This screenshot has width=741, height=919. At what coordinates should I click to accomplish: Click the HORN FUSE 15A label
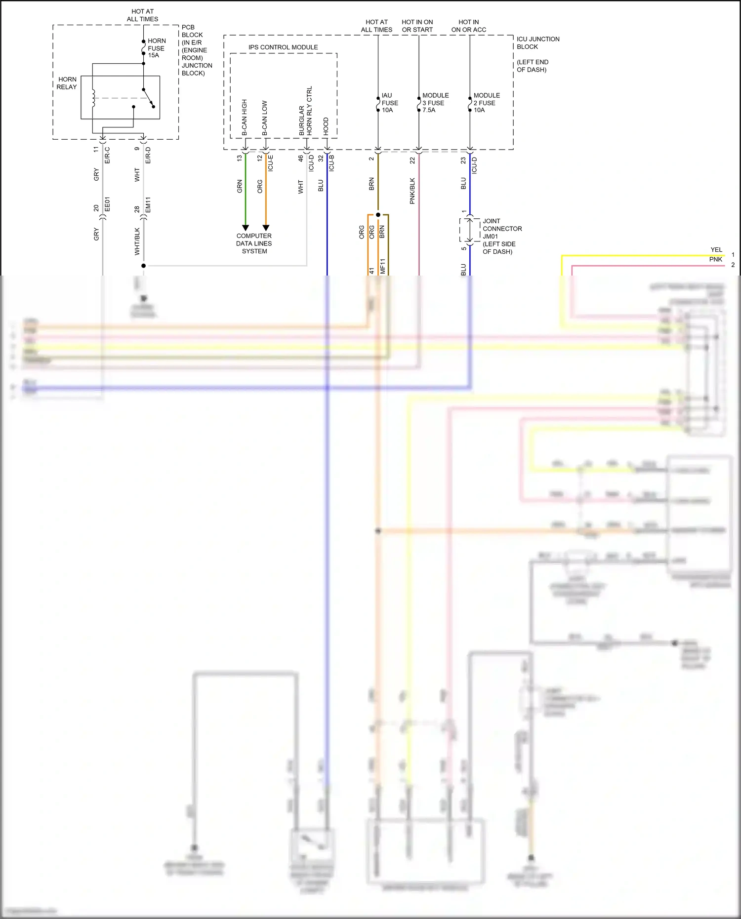click(156, 48)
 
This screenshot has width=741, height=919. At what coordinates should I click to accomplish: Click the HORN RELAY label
click(67, 83)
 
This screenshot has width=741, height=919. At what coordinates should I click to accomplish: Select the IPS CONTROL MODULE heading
click(283, 47)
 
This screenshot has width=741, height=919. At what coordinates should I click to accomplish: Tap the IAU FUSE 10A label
click(389, 103)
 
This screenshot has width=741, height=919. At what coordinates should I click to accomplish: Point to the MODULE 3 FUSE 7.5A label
click(435, 103)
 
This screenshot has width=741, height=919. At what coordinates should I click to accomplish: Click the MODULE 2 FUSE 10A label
click(486, 103)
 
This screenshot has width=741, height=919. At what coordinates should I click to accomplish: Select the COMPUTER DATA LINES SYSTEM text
click(254, 243)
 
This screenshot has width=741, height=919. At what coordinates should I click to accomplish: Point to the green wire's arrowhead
click(246, 228)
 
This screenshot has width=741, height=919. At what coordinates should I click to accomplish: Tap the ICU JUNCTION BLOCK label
click(537, 43)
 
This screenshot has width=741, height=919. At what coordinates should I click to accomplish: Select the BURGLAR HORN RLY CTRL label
click(305, 111)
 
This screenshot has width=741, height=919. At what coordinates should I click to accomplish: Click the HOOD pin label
click(326, 126)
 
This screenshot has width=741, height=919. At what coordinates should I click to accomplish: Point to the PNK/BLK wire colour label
click(412, 191)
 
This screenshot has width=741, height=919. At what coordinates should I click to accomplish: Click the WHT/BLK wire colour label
click(137, 241)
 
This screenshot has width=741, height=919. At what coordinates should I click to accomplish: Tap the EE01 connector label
click(107, 204)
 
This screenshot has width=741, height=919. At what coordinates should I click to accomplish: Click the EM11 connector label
click(148, 204)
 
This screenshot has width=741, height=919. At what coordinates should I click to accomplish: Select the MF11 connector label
click(382, 266)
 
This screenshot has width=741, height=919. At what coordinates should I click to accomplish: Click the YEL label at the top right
click(716, 250)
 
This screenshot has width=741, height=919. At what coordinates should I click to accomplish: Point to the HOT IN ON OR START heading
click(417, 26)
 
